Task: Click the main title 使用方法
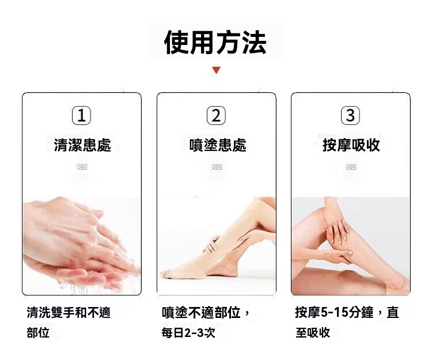click(x=215, y=43)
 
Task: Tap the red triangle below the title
click(x=217, y=70)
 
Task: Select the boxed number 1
click(x=81, y=115)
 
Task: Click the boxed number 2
click(x=216, y=115)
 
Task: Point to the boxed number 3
click(x=350, y=115)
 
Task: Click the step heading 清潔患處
click(x=82, y=145)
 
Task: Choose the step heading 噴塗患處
click(x=218, y=145)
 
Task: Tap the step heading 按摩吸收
click(x=351, y=145)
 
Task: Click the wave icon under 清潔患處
click(x=82, y=166)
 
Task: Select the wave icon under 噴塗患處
click(x=217, y=166)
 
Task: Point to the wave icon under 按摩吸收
click(x=351, y=166)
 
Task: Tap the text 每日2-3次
click(x=188, y=333)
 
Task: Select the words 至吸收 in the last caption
click(x=313, y=332)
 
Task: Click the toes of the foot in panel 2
click(x=166, y=274)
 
